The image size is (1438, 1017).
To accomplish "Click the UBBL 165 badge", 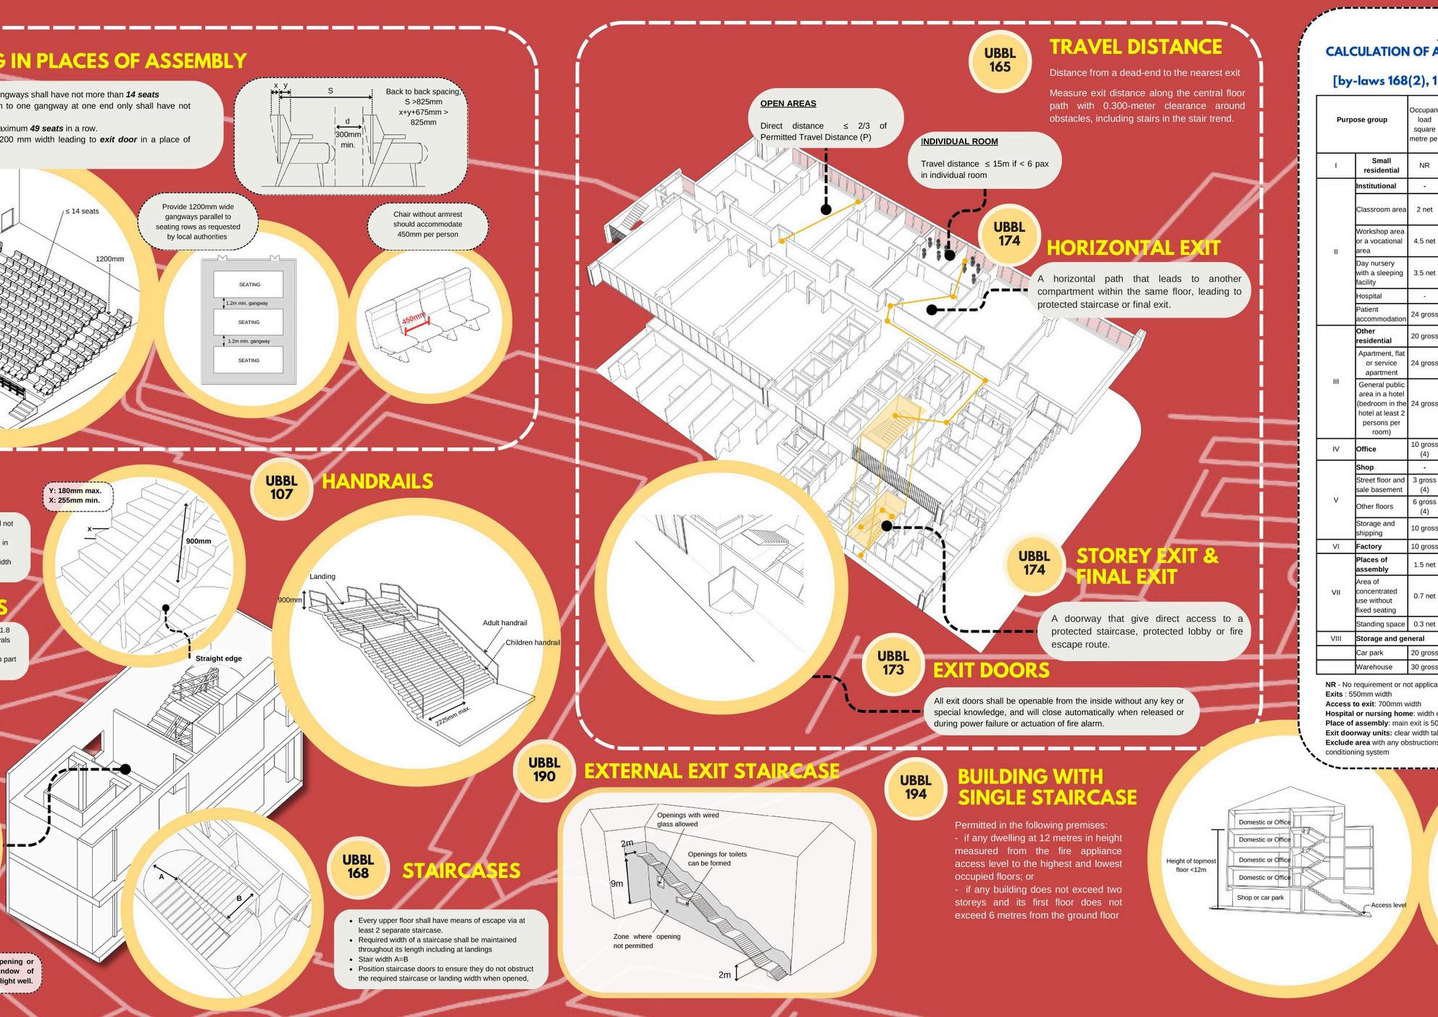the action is coord(1000,60).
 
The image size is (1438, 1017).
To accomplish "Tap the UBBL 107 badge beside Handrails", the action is coord(281,487).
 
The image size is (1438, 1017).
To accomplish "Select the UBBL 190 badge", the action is coord(543,769).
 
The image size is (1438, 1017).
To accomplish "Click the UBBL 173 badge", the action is coord(893,663).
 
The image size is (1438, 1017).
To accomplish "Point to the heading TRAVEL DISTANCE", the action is coord(1135,47).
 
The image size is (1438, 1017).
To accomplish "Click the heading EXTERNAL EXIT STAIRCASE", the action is coord(711,771).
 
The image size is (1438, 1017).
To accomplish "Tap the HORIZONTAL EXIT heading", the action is coord(1133,248).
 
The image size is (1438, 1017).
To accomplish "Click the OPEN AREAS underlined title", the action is coord(787,104).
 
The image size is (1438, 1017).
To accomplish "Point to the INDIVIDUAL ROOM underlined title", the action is coord(959,141).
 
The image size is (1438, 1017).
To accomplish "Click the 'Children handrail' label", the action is coord(532,643).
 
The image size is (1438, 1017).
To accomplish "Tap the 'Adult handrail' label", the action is coord(505,623).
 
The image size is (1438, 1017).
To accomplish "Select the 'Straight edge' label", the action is coord(218,658).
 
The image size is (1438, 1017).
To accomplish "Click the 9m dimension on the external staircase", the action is coord(616,884).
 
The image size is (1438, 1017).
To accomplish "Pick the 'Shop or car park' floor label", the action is coord(1260,897).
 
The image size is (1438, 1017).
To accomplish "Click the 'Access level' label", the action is coord(1388,905).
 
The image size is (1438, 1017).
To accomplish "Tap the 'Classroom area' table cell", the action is coord(1381,209).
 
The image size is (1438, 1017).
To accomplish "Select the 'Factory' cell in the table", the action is coord(1368,546).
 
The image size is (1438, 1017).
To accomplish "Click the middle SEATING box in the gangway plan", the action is coord(248,322).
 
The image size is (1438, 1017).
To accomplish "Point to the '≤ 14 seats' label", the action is coord(82,211).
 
